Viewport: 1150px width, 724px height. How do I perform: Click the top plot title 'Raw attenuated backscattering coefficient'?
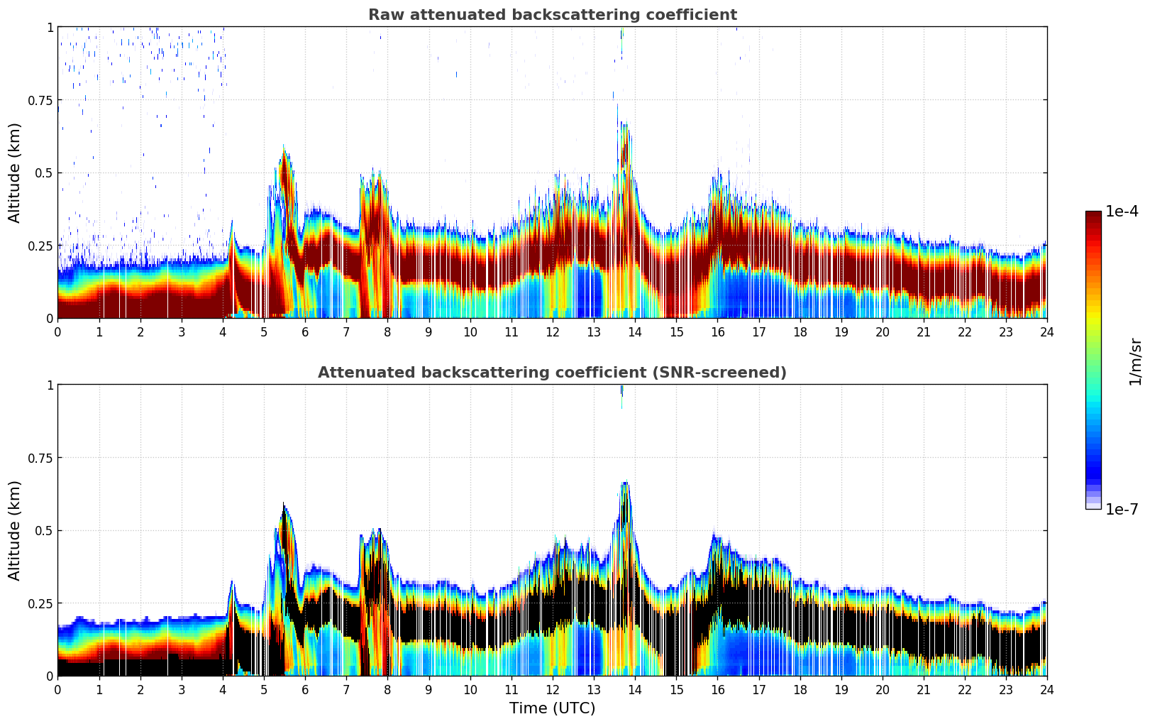(x=552, y=15)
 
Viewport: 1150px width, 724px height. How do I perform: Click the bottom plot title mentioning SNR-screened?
(x=552, y=373)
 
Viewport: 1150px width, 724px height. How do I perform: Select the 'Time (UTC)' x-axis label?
(x=552, y=708)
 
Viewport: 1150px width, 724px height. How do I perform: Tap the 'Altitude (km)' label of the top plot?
(x=15, y=172)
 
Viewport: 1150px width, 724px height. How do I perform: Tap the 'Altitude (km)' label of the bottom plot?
(x=15, y=530)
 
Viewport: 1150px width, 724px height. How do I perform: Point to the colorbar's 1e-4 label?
(x=1122, y=212)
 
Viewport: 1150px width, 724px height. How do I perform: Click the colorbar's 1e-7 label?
(x=1122, y=509)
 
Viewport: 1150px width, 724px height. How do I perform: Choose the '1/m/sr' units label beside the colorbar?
(x=1135, y=361)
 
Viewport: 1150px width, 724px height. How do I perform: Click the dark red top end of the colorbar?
(x=1093, y=216)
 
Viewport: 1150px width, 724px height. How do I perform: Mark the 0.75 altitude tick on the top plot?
(x=40, y=100)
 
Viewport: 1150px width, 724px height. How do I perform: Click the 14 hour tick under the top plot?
(x=635, y=331)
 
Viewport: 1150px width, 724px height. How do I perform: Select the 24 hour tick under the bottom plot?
(x=1046, y=689)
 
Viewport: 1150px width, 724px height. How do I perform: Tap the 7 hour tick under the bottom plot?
(x=346, y=689)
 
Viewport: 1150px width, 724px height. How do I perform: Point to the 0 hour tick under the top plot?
(x=58, y=331)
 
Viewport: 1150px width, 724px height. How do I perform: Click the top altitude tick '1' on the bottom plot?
(x=50, y=385)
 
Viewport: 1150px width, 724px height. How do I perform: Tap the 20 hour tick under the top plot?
(x=882, y=331)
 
